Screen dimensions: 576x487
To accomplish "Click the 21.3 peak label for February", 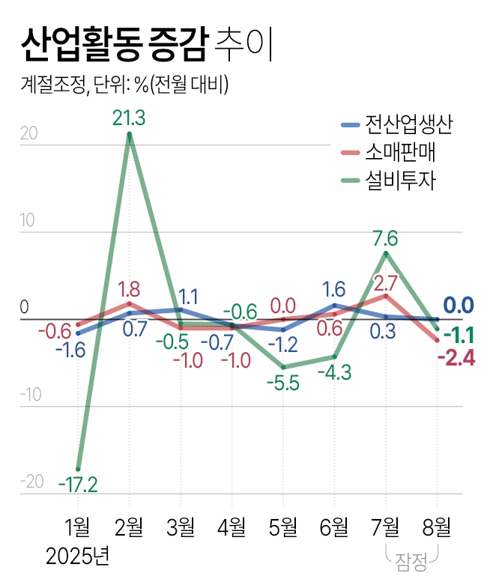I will coord(129,118).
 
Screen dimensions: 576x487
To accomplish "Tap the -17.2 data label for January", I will coord(78,485).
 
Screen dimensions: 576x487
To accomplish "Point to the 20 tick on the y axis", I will coord(30,134).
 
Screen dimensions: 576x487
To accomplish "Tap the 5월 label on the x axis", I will coord(282,527).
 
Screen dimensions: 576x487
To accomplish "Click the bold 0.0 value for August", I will coord(459,306).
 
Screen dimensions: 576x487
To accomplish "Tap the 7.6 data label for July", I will coord(385,239).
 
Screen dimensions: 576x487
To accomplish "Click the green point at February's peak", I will coord(130,135).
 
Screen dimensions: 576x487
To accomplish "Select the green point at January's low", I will coord(78,469).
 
